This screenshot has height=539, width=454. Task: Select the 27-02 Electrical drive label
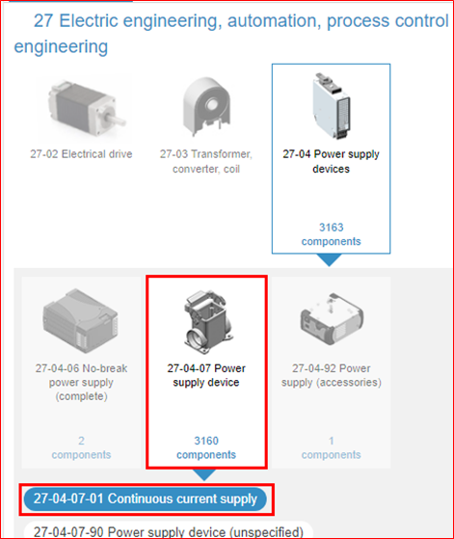pyautogui.click(x=81, y=154)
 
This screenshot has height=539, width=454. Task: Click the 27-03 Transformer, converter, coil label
pyautogui.click(x=206, y=161)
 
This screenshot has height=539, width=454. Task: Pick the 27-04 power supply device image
pyautogui.click(x=332, y=105)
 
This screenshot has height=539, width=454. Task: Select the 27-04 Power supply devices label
pyautogui.click(x=331, y=161)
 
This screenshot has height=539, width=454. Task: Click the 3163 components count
pyautogui.click(x=331, y=234)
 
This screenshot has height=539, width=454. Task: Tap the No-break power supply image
pyautogui.click(x=81, y=320)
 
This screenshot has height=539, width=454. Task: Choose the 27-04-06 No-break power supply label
pyautogui.click(x=81, y=382)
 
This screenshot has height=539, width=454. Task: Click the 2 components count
pyautogui.click(x=81, y=447)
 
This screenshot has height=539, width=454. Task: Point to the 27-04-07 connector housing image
pyautogui.click(x=207, y=321)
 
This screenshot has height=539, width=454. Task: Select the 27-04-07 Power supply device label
pyautogui.click(x=206, y=375)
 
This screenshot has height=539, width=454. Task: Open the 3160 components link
pyautogui.click(x=206, y=447)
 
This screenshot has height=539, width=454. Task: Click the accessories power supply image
pyautogui.click(x=332, y=318)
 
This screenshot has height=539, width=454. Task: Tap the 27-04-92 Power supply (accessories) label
pyautogui.click(x=332, y=375)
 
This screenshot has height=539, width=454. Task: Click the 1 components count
pyautogui.click(x=331, y=447)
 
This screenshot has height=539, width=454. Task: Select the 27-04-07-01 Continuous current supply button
pyautogui.click(x=145, y=499)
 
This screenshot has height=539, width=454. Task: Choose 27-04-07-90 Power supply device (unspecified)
pyautogui.click(x=169, y=531)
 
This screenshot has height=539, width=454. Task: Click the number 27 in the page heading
pyautogui.click(x=43, y=21)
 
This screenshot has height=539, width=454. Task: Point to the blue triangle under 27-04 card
pyautogui.click(x=330, y=259)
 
